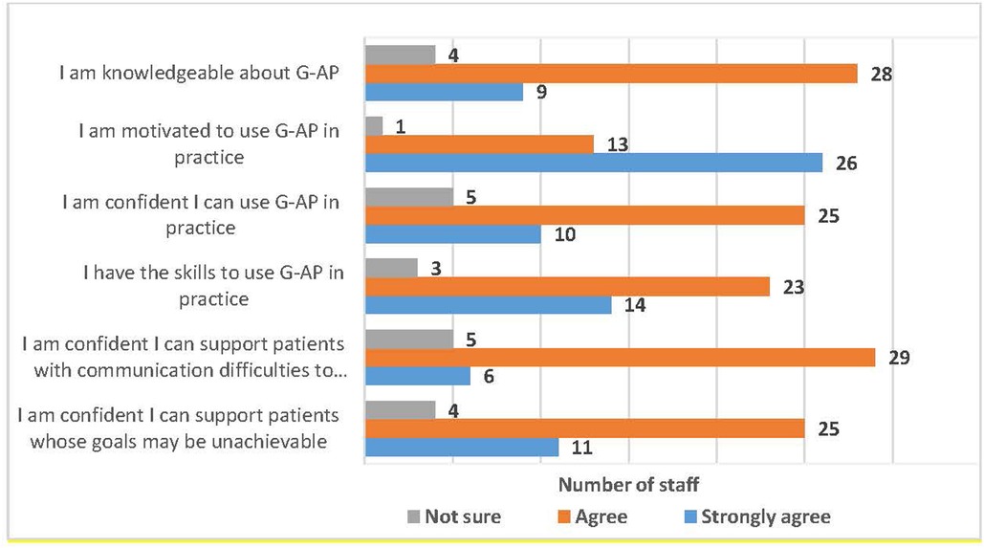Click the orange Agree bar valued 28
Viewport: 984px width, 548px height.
click(x=611, y=74)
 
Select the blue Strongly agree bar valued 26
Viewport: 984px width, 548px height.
click(x=594, y=163)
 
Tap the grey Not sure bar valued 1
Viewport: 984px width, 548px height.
click(x=374, y=126)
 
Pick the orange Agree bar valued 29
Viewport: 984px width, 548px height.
click(x=620, y=358)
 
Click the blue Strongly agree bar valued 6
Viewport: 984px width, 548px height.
click(x=418, y=376)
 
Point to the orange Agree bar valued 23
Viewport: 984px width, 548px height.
click(x=567, y=287)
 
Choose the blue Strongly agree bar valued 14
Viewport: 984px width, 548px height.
click(x=489, y=305)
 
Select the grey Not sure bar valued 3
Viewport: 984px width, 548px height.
click(x=392, y=268)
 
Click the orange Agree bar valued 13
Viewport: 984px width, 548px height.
click(x=479, y=144)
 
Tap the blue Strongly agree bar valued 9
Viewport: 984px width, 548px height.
click(x=445, y=92)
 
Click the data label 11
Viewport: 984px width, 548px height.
click(x=581, y=448)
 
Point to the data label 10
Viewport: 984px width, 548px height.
click(x=565, y=234)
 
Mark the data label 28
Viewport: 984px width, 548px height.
click(x=881, y=74)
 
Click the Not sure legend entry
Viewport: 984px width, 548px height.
click(x=454, y=516)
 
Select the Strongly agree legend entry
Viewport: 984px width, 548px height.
click(x=757, y=516)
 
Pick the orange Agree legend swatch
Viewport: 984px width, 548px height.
click(x=564, y=516)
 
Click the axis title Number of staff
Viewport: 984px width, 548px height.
click(x=629, y=485)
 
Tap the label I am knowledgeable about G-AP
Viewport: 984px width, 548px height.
click(x=199, y=73)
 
